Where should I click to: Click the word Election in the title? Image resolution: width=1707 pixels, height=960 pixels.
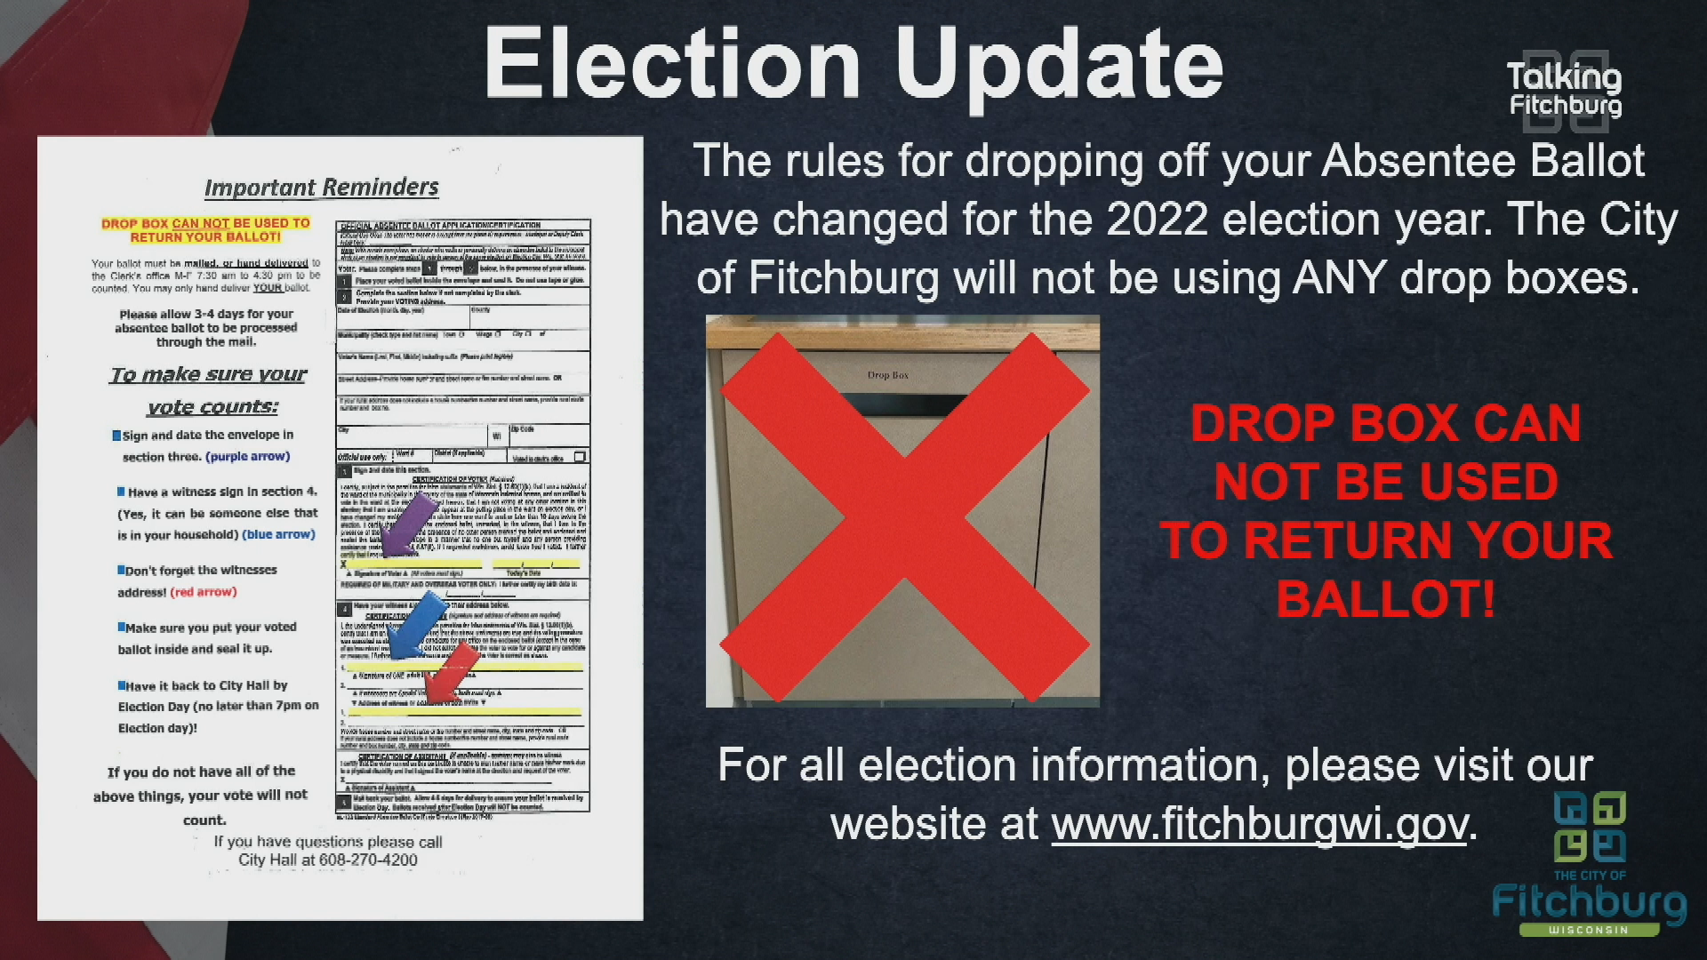pyautogui.click(x=672, y=64)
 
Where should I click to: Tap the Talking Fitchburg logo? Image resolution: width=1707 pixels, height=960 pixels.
pyautogui.click(x=1565, y=90)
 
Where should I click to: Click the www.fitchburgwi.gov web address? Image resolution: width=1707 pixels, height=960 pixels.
pyautogui.click(x=1259, y=824)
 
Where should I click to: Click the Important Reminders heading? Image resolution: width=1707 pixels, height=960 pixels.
pyautogui.click(x=321, y=188)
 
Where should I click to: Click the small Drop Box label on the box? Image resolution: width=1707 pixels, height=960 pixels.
pyautogui.click(x=887, y=375)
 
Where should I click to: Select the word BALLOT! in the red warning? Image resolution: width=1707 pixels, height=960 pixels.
pyautogui.click(x=1385, y=599)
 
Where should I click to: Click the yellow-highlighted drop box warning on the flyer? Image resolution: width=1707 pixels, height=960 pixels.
pyautogui.click(x=205, y=230)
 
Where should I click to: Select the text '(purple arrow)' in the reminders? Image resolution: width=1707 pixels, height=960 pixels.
pyautogui.click(x=247, y=457)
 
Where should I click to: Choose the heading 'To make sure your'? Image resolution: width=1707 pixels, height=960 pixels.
pyautogui.click(x=208, y=375)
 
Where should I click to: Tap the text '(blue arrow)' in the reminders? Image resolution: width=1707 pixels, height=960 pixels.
pyautogui.click(x=279, y=535)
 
